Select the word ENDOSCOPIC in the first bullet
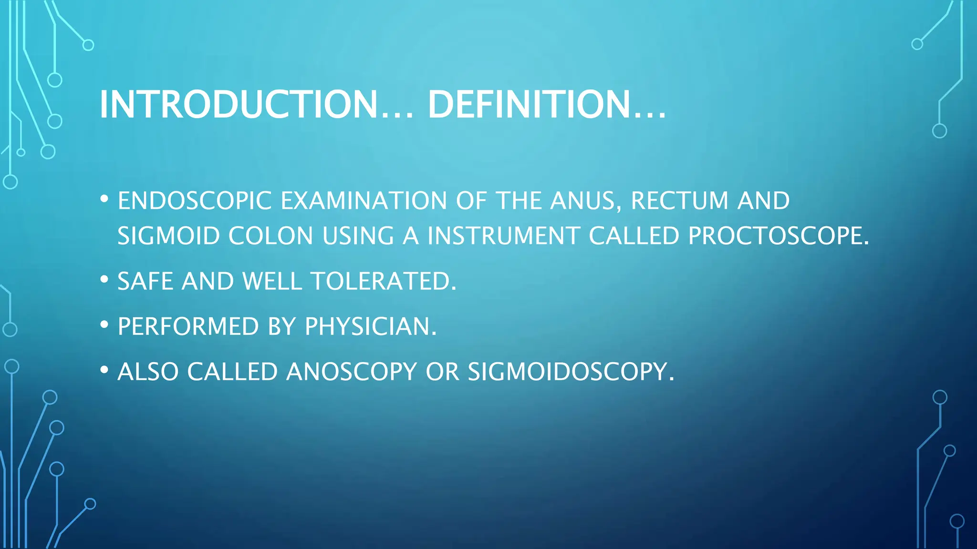195,201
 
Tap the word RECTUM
679,201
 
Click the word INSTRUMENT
503,236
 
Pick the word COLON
270,236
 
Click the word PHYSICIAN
370,326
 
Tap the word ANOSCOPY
352,372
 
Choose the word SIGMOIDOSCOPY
571,372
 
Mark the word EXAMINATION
364,201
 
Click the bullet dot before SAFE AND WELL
104,280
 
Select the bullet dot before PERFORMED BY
104,325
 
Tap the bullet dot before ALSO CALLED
104,370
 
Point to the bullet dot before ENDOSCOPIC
104,199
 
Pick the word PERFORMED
188,326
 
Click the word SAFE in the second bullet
145,281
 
